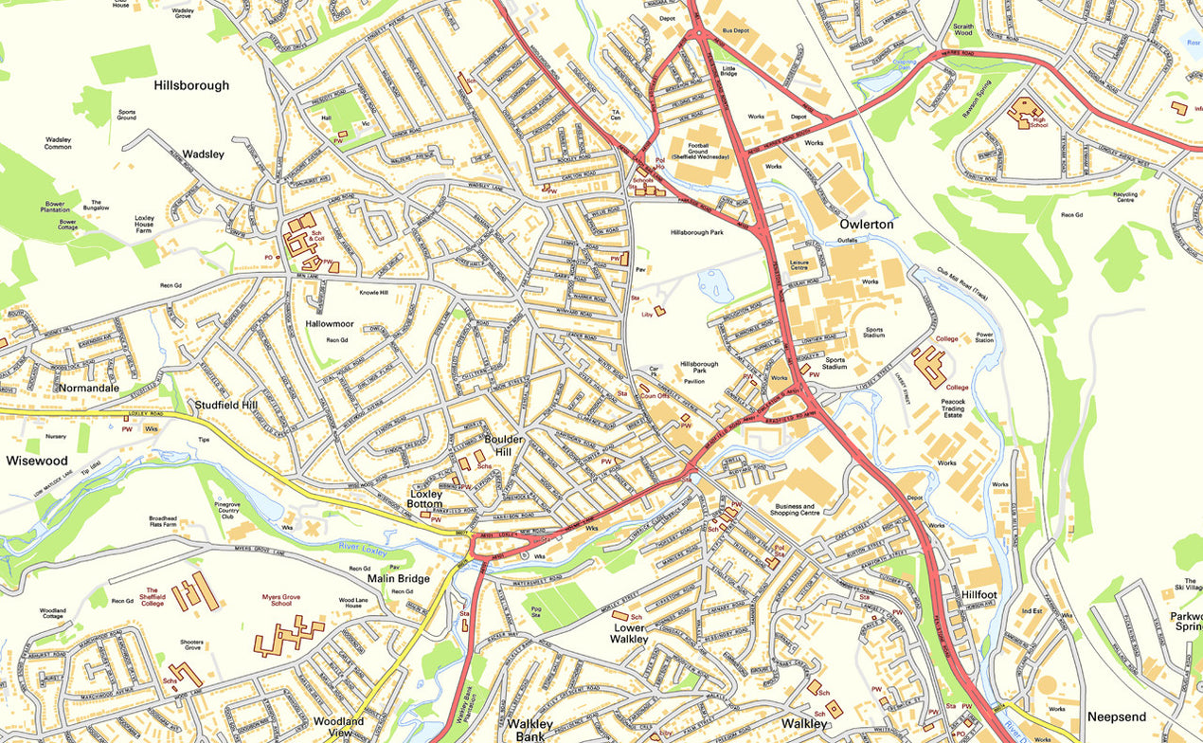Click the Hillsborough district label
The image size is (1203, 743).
point(191,85)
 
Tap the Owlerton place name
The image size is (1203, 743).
point(866,225)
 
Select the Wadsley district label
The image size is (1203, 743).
point(203,154)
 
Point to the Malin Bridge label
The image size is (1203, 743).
point(398,578)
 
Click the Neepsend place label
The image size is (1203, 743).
point(1116,716)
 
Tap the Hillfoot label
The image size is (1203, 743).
point(979,594)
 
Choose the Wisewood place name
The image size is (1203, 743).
point(37,461)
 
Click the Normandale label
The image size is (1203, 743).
point(89,388)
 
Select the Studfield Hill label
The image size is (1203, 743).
point(225,405)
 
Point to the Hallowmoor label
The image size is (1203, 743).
point(329,323)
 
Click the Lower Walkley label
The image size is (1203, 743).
point(630,633)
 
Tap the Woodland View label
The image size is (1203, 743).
point(338,727)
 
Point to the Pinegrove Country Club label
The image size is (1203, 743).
point(227,508)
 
